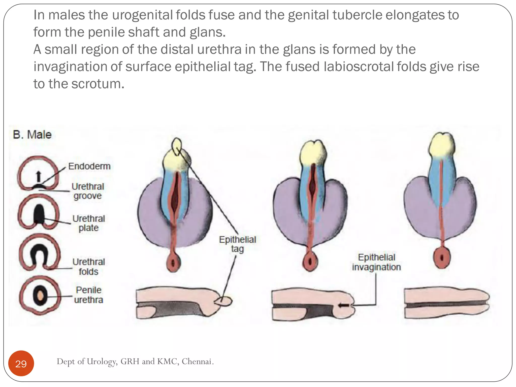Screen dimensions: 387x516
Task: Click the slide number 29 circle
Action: (21, 364)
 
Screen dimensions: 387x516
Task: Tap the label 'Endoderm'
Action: (89, 166)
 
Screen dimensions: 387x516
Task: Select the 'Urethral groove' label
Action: (88, 191)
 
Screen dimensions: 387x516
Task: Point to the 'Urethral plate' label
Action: (88, 223)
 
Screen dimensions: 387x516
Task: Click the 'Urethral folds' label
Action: (88, 267)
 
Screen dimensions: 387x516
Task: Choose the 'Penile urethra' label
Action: (88, 295)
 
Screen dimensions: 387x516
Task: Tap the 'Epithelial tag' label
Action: (237, 244)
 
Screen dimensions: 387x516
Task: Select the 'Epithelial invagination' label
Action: (376, 262)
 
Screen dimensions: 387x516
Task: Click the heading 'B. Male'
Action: (32, 135)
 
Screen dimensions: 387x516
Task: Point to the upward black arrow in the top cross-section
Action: (38, 176)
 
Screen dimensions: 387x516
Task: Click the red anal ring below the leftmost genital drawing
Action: (173, 263)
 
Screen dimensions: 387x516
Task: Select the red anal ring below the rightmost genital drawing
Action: (442, 258)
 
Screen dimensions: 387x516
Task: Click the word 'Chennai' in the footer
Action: (197, 362)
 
